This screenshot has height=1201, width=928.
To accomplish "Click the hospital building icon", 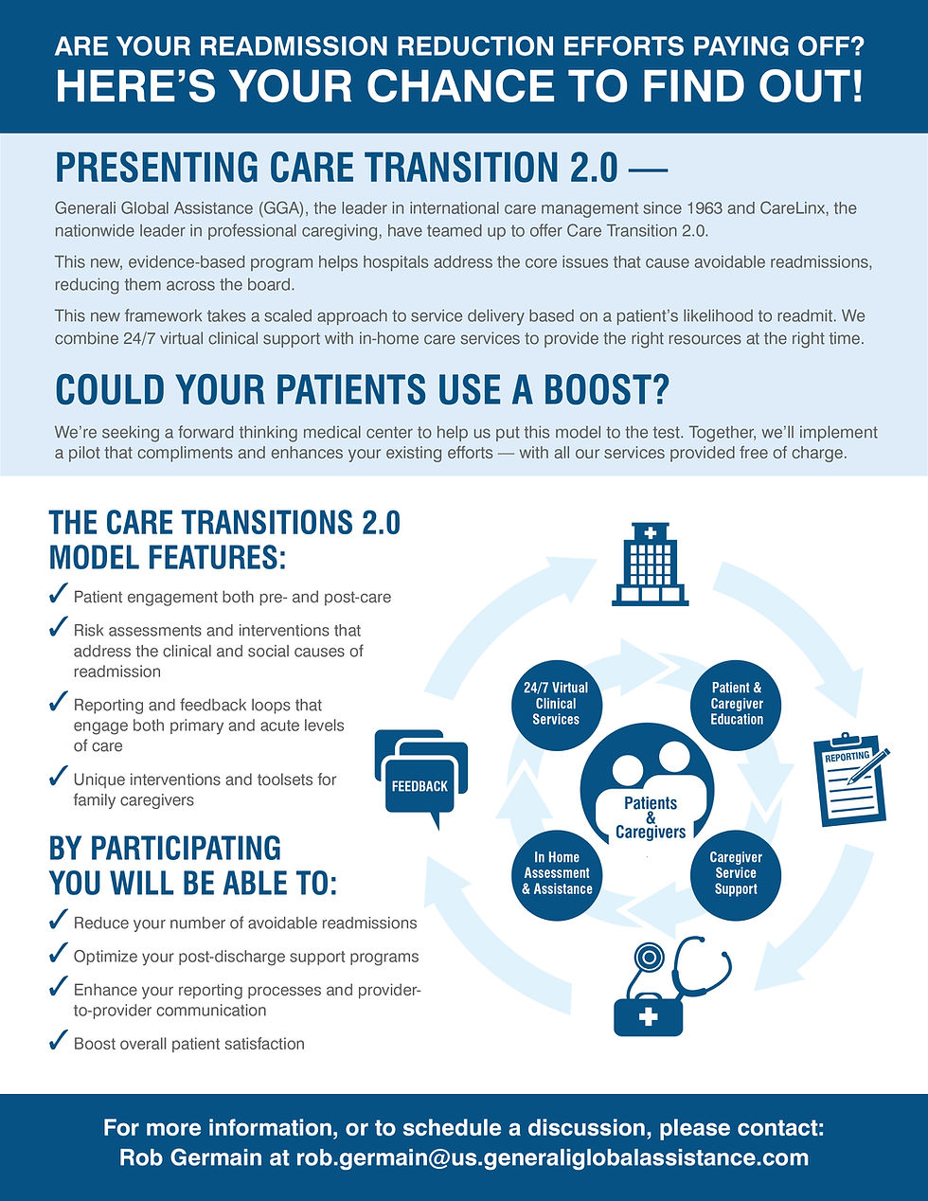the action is point(651,565).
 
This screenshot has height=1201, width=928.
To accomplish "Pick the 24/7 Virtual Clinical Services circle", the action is point(556,704).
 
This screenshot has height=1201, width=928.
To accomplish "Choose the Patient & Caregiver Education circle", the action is point(737,704).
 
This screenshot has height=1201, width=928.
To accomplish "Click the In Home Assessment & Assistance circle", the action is point(557,873).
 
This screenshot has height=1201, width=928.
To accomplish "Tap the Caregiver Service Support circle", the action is point(736,873).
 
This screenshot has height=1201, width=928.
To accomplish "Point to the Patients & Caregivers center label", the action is point(651,816).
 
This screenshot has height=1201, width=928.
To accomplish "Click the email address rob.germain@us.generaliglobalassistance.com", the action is point(552,1157).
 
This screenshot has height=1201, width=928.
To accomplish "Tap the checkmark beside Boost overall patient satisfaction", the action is point(58,1042).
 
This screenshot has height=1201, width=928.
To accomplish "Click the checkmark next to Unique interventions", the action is point(58,778).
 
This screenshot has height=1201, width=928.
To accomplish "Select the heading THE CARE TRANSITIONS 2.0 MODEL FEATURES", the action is point(224,539).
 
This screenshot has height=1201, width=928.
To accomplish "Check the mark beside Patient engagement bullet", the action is point(58,595).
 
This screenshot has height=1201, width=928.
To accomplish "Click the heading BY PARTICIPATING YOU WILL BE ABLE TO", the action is point(192,865).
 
